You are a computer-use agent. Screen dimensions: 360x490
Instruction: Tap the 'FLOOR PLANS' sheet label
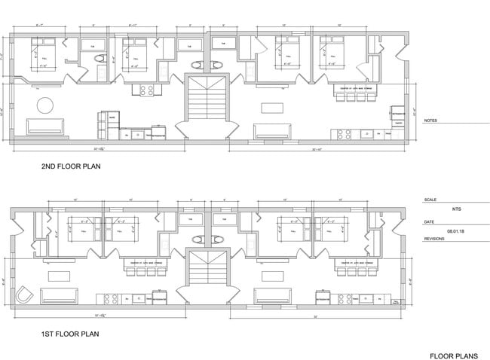point(453,355)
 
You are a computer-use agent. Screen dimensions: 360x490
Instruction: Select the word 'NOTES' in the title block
point(430,121)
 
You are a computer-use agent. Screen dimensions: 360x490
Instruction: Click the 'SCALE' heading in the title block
point(430,200)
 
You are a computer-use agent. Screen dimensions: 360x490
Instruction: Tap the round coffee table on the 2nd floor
point(46,104)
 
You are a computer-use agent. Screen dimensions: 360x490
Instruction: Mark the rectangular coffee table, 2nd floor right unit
point(268,106)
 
